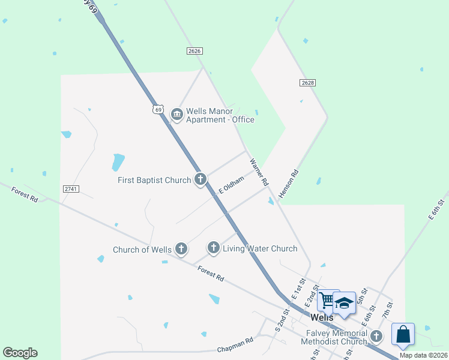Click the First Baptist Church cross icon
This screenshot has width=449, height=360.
200,179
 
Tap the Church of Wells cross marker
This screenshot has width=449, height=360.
181,248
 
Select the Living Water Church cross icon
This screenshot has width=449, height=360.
213,247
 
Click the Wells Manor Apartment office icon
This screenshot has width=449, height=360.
176,114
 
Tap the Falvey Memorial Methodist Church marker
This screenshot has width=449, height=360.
376,336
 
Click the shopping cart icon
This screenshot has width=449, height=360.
328,301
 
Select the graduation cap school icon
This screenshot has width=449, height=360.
345,303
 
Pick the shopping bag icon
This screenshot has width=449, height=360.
403,334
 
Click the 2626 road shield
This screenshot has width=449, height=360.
193,52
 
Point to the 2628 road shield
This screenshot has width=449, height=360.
308,82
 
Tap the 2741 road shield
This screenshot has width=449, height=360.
70,189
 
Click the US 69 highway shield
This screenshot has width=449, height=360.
158,109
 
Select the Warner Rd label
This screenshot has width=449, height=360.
259,172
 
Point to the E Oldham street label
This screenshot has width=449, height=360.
231,184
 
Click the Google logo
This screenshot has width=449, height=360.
20,353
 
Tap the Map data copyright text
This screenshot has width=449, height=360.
423,355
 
